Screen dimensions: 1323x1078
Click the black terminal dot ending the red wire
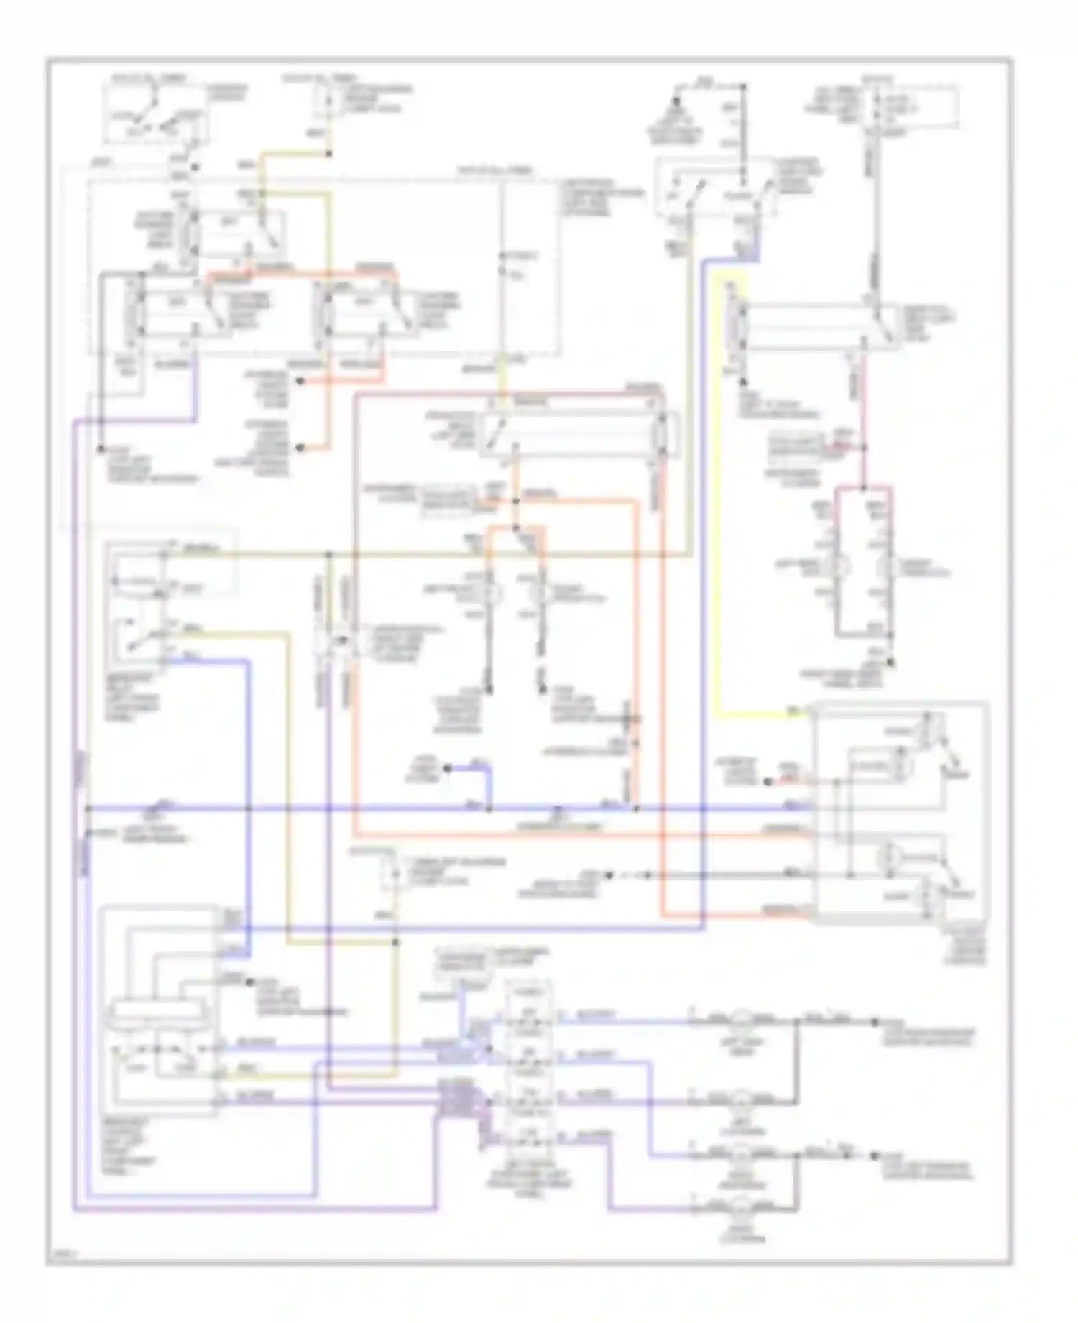(x=300, y=382)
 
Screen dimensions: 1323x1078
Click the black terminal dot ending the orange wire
(x=300, y=448)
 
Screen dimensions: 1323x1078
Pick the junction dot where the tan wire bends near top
(x=329, y=153)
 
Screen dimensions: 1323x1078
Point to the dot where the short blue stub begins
(x=447, y=768)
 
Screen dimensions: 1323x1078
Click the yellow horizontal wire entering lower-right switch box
(x=762, y=716)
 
